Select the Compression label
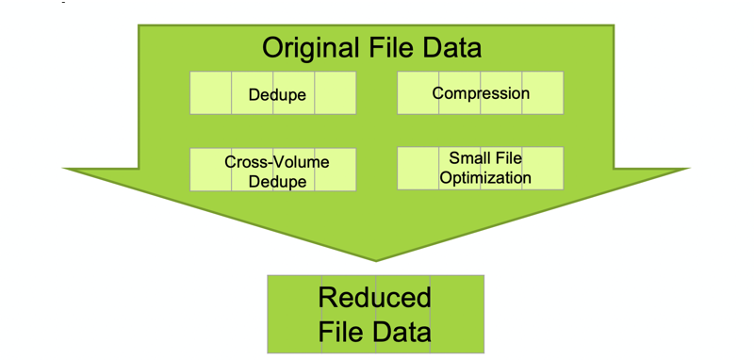[481, 93]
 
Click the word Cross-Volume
[277, 162]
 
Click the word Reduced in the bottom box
[374, 298]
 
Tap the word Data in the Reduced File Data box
[400, 332]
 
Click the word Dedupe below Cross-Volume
[277, 181]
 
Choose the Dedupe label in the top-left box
[277, 94]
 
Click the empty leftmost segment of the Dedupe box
[210, 93]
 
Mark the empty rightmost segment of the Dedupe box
[336, 93]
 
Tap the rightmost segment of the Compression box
[543, 93]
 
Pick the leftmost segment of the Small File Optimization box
[418, 168]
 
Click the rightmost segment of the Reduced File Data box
[457, 314]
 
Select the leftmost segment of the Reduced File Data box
[294, 314]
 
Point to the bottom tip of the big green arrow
[376, 260]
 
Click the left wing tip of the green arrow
[65, 169]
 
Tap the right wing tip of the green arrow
[689, 169]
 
